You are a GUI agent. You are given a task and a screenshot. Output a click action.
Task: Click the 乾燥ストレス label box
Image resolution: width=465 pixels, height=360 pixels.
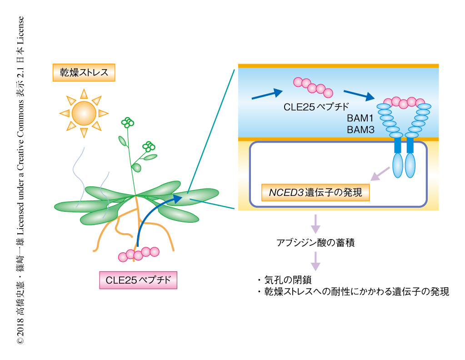tap(84, 72)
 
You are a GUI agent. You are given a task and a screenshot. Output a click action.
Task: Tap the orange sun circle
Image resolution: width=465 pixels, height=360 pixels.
tap(84, 112)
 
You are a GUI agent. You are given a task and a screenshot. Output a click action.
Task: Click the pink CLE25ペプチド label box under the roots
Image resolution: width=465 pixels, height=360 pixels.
tap(138, 280)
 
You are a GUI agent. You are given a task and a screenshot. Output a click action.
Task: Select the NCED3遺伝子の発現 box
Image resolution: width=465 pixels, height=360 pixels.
tap(315, 193)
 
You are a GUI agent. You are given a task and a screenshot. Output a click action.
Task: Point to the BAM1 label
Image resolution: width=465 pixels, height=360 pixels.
tap(360, 119)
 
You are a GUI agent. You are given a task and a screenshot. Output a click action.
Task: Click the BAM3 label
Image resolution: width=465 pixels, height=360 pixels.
tap(360, 130)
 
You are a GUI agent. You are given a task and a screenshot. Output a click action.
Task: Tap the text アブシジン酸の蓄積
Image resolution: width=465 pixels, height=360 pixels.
tap(315, 243)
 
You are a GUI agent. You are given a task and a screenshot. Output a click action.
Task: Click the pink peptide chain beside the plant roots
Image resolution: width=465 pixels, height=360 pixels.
tap(139, 254)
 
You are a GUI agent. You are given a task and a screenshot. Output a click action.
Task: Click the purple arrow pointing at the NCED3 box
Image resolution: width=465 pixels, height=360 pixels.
tap(380, 173)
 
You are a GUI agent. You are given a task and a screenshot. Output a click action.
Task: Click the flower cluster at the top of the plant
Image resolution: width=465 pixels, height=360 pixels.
tap(128, 122)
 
